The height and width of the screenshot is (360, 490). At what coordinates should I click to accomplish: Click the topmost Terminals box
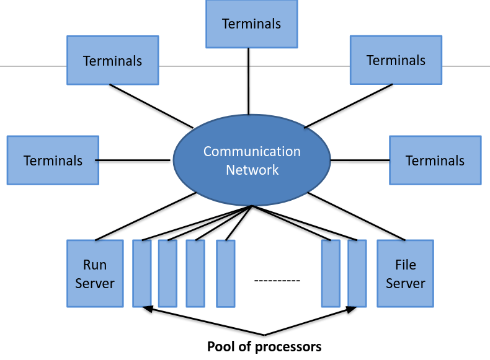click(252, 24)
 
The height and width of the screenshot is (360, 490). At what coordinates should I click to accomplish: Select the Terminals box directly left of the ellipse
click(53, 160)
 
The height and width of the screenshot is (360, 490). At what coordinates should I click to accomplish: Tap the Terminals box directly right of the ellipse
click(435, 160)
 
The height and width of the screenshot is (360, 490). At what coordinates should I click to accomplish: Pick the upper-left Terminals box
click(112, 60)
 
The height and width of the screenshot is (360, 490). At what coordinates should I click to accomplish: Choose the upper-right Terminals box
click(396, 60)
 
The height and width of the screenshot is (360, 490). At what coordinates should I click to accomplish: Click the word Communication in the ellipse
click(252, 152)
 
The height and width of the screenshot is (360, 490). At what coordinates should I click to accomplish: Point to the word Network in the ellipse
click(252, 170)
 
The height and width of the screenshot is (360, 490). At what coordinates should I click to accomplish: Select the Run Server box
click(95, 273)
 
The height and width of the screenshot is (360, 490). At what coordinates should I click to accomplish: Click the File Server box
click(405, 273)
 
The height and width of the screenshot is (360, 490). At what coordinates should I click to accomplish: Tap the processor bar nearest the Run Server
click(142, 273)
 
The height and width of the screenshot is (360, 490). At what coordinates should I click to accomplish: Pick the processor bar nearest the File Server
click(357, 273)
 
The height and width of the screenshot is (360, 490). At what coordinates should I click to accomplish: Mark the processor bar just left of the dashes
click(226, 273)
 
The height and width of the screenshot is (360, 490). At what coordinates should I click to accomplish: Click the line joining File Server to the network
click(357, 217)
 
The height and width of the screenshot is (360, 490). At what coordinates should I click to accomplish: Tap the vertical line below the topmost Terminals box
click(249, 81)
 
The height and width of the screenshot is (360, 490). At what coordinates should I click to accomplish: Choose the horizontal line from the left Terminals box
click(133, 160)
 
